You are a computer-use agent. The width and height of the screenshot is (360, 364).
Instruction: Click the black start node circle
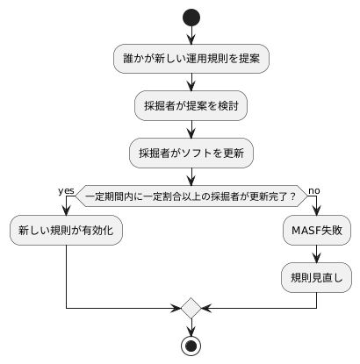coord(191,18)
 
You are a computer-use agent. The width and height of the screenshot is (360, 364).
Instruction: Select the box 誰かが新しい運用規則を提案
coord(191,59)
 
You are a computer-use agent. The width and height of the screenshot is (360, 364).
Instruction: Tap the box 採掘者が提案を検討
coord(191,106)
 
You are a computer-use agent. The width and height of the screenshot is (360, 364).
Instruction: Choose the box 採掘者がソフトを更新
coord(191,153)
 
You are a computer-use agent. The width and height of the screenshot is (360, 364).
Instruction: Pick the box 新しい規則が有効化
coord(66,232)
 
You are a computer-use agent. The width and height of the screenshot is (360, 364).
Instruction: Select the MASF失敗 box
coord(316,232)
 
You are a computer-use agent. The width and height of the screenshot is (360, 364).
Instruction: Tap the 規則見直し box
coord(316,278)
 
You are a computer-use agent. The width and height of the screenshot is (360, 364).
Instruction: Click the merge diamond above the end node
coord(191,308)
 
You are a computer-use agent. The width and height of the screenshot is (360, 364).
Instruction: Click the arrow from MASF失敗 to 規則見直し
coord(316,254)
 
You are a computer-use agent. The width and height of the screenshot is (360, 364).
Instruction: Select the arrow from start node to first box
coord(191,35)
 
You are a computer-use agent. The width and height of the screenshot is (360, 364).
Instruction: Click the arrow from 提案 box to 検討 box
coord(191,82)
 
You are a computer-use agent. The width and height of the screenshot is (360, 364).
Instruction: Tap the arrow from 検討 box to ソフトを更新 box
coord(191,129)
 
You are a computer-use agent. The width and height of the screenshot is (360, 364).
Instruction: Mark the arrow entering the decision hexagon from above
coord(191,176)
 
